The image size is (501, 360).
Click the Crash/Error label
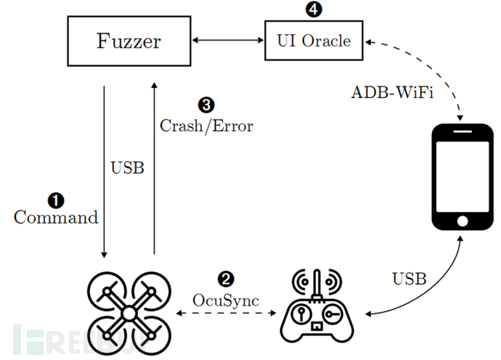click(x=206, y=126)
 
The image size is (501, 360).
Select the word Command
click(x=56, y=217)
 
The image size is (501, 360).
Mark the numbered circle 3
click(x=206, y=106)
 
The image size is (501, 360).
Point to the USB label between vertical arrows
click(x=127, y=168)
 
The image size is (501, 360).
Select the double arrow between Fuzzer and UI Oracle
click(x=227, y=40)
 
